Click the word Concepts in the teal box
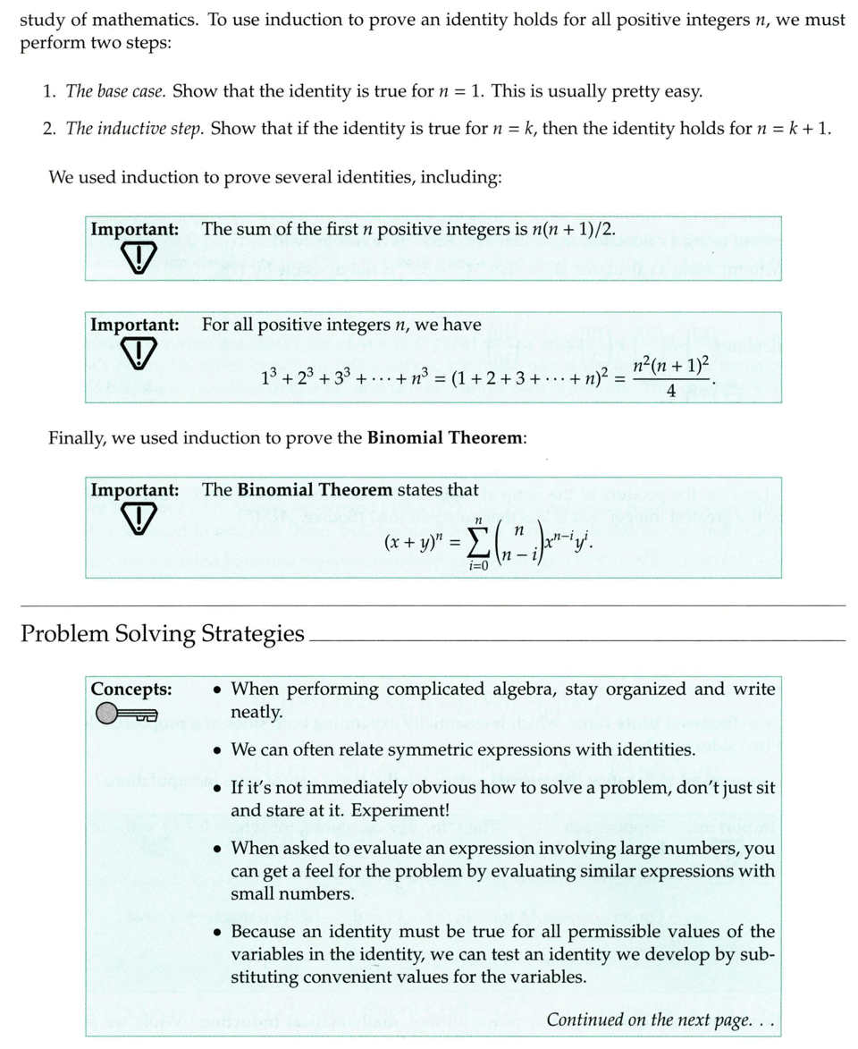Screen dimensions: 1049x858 [130, 689]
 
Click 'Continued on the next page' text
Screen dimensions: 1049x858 [660, 1019]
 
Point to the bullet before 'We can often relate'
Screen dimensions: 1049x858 [217, 749]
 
